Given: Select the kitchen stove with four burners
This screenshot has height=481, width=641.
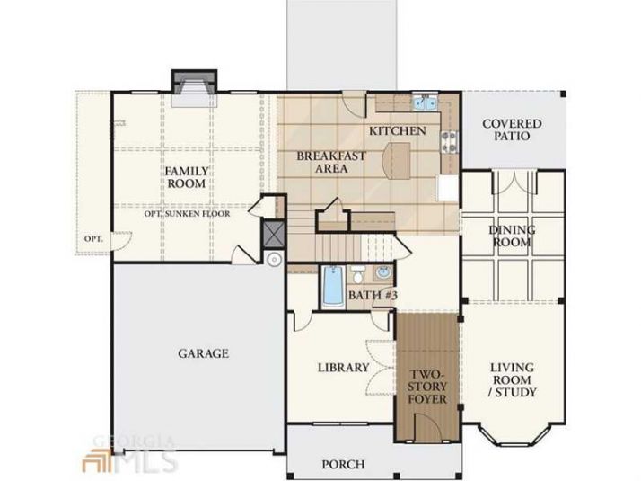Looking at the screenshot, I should (x=450, y=140).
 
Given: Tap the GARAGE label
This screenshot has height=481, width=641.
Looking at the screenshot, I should (x=202, y=353).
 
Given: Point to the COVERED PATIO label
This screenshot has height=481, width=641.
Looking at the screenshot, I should (x=513, y=129).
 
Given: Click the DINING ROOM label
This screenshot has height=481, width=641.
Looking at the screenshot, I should (x=512, y=236).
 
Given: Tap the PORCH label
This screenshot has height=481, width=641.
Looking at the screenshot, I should (x=343, y=465).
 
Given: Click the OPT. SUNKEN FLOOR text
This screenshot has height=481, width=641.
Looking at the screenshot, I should (x=187, y=214).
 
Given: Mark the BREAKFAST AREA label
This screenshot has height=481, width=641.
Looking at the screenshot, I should (x=331, y=162).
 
